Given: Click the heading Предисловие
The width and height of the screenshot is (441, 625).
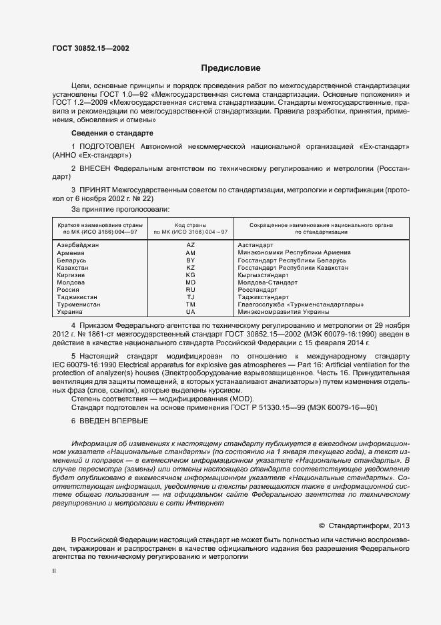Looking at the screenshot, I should pyautogui.click(x=231, y=68).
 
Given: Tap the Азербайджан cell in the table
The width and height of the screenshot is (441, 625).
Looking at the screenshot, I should pyautogui.click(x=78, y=246).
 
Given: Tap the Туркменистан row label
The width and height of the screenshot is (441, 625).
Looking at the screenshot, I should pyautogui.click(x=79, y=304).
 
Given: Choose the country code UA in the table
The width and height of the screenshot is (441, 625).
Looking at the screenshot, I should pyautogui.click(x=190, y=312).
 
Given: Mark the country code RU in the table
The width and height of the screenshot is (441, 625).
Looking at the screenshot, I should pyautogui.click(x=190, y=290).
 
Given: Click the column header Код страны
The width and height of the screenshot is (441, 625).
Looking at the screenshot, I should pyautogui.click(x=190, y=225).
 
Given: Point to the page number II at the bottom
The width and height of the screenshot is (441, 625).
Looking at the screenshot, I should pyautogui.click(x=54, y=572).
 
